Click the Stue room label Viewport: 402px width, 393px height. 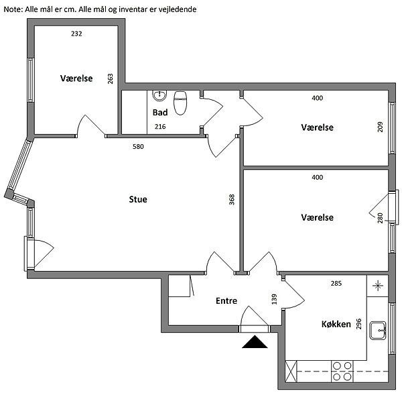tap(138, 199)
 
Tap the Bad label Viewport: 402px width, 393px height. tap(160, 113)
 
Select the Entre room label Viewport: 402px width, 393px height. tap(226, 300)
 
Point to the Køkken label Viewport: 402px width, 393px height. tap(336, 324)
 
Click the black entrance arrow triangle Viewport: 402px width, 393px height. tap(255, 342)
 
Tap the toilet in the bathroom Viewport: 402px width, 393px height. tap(180, 103)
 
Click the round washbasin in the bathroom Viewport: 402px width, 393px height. tap(159, 95)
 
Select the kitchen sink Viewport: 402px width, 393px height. tap(378, 331)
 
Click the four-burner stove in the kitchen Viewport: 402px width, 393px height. tap(342, 371)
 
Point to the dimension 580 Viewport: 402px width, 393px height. tap(138, 147)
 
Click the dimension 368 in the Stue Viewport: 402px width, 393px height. tap(232, 199)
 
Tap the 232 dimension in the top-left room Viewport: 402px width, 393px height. tap(76, 34)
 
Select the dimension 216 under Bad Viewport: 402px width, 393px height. tap(160, 126)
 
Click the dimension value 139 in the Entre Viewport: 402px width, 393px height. tap(274, 299)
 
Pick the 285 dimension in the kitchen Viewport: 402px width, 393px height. tap(336, 283)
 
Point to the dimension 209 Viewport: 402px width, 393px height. tap(380, 127)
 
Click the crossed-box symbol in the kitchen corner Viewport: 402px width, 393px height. tap(291, 371)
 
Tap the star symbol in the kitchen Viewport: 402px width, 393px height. tap(378, 286)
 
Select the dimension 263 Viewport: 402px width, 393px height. tap(110, 79)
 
